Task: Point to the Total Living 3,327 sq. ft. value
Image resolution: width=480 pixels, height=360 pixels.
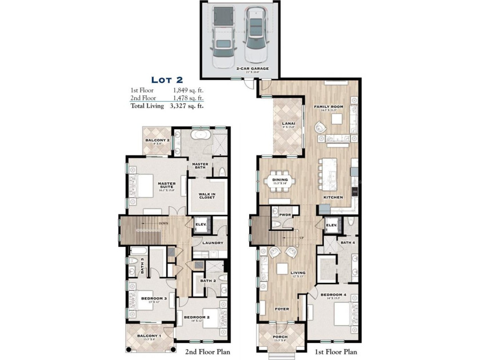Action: click(186, 105)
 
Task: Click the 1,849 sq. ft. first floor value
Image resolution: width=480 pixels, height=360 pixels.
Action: click(188, 90)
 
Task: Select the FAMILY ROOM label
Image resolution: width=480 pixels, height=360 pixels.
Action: click(329, 107)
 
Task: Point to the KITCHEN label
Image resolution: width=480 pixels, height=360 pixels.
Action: click(333, 197)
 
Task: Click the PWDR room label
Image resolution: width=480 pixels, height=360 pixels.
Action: click(285, 215)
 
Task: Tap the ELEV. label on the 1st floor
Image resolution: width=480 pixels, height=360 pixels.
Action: click(331, 226)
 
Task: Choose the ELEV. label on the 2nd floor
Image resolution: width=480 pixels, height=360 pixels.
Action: click(201, 225)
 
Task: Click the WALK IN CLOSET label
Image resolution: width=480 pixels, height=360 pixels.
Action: click(206, 196)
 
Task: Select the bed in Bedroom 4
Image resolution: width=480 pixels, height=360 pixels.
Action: click(343, 314)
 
